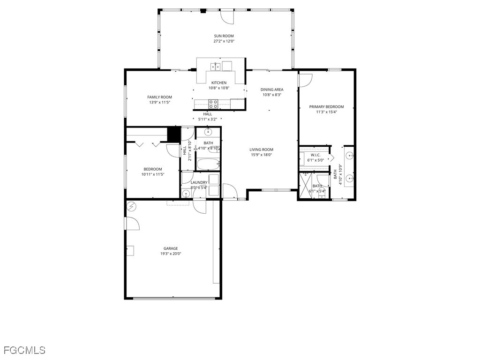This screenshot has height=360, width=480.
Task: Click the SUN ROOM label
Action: point(224,36)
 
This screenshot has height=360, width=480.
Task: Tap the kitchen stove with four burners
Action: point(213,104)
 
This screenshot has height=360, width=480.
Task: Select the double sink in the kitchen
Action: point(215,67)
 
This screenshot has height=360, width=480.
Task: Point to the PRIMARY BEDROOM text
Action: point(326,107)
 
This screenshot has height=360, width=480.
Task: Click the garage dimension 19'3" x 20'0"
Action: point(171,254)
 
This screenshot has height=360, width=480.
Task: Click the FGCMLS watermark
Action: point(24,350)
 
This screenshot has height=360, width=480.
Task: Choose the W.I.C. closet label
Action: point(315,155)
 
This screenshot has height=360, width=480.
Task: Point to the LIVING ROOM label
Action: point(261,150)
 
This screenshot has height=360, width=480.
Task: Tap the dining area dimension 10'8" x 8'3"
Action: point(271,95)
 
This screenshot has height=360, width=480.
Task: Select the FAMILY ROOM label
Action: point(159,97)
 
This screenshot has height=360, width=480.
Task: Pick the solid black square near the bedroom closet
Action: point(174,134)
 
